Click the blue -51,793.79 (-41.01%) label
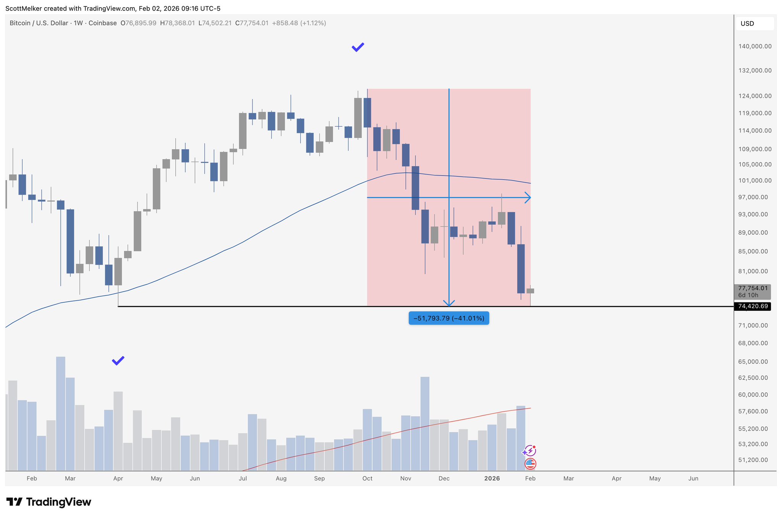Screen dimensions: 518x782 pos(448,318)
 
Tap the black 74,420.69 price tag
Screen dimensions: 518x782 pos(752,306)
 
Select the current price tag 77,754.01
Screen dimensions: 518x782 pos(752,288)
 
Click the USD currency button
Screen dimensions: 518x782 pos(754,24)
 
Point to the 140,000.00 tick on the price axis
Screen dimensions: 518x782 pos(754,47)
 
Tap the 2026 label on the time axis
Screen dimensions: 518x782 pos(492,478)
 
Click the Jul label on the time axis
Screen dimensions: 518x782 pos(242,478)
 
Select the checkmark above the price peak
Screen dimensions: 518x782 pos(358,47)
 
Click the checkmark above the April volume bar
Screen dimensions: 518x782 pos(118,360)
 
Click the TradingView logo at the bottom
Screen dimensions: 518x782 pos(49,502)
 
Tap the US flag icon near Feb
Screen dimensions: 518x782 pos(530,464)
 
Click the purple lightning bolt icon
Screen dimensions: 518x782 pos(530,451)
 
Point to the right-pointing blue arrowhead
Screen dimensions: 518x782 pos(528,197)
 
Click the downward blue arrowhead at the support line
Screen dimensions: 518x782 pos(449,303)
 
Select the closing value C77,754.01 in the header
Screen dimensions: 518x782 pos(252,23)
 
